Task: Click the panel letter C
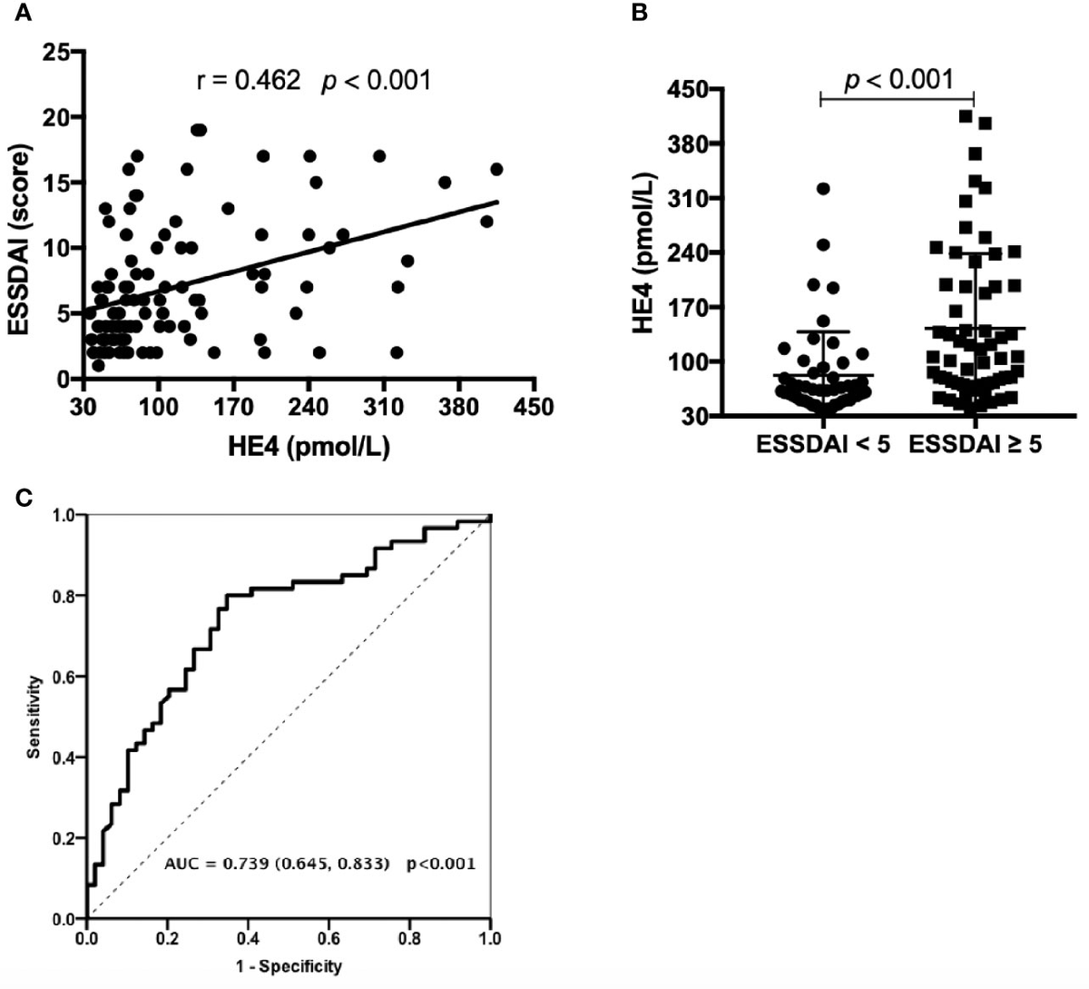point(10,498)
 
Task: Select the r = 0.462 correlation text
point(248,81)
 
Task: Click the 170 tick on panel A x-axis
point(233,407)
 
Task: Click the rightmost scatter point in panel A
point(496,170)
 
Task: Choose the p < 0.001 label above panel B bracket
point(898,78)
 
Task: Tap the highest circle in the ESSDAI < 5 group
point(823,189)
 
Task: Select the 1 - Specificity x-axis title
point(288,966)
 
